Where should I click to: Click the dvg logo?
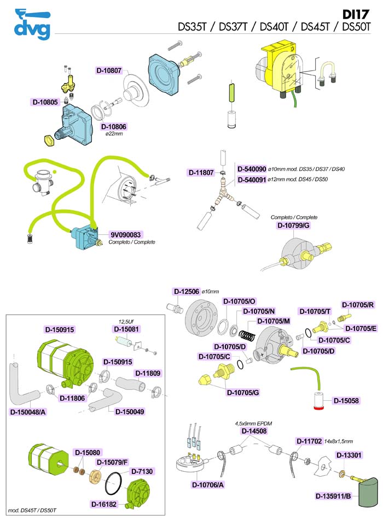32,24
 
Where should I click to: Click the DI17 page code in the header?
356,14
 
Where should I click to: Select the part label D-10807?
109,70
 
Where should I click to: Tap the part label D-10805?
45,102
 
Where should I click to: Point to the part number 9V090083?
126,235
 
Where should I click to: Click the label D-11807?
201,173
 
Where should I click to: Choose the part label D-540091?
252,180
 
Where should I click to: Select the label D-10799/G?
293,225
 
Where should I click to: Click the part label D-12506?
187,292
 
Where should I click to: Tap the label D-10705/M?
274,321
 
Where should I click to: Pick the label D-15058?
346,401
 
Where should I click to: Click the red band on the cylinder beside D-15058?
319,408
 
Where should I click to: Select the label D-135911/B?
333,496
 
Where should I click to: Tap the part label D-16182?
104,504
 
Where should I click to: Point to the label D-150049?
130,412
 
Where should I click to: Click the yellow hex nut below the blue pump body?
49,140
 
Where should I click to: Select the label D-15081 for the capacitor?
126,329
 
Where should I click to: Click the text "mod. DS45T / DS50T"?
32,511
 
